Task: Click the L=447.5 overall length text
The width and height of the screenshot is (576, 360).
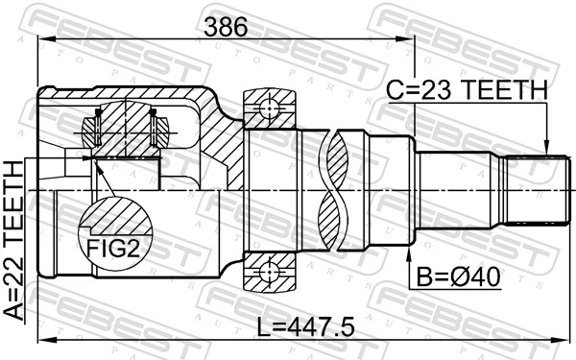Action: click(x=307, y=326)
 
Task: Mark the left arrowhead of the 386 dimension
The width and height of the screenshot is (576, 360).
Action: click(x=43, y=39)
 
